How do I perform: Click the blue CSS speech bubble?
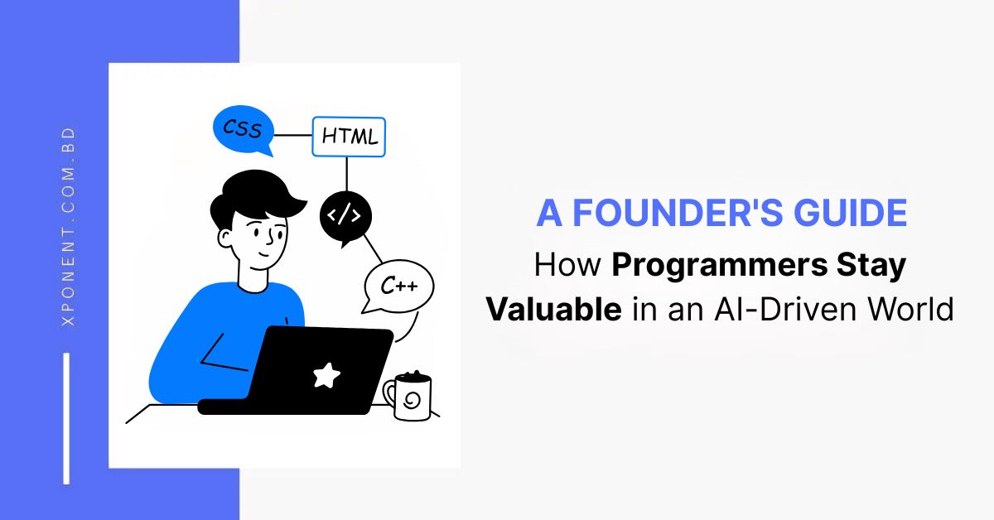243,130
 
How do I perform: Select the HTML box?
349,137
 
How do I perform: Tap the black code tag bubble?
345,217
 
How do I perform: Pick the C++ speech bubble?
398,286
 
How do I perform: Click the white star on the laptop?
326,375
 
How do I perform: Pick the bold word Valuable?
553,309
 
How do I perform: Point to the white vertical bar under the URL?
66,418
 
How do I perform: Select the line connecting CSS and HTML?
292,135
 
